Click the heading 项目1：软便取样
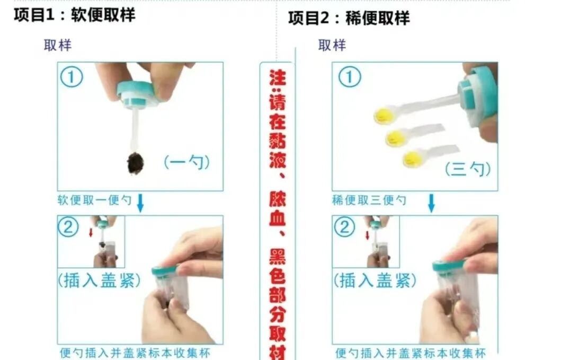(74, 15)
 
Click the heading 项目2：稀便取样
(349, 18)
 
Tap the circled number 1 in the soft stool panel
(72, 77)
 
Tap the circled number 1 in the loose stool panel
(350, 77)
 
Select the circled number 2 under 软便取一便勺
(68, 227)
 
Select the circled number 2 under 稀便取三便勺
(344, 227)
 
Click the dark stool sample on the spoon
(136, 163)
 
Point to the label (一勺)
(186, 162)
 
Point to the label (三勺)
(468, 169)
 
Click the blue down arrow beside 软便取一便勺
(140, 203)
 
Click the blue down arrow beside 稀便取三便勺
(432, 203)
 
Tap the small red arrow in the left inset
(91, 232)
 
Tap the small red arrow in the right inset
(368, 235)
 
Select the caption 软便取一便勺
(95, 200)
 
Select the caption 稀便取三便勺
(369, 200)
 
